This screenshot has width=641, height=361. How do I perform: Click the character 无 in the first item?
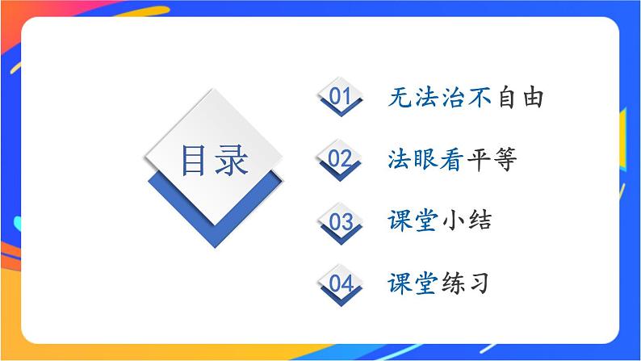point(399,99)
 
